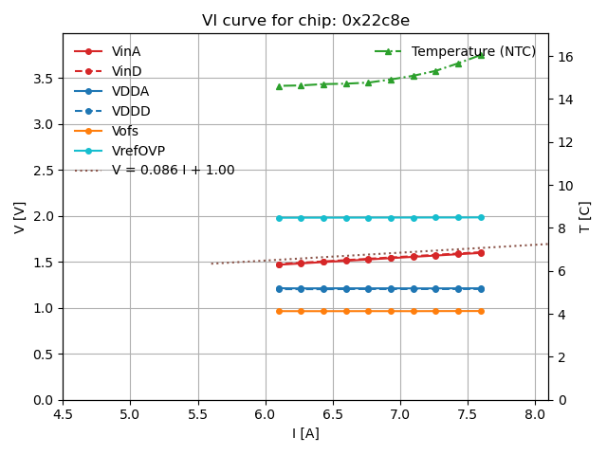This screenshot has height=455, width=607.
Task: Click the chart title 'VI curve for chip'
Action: (x=305, y=21)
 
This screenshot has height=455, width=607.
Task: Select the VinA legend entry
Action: (x=126, y=52)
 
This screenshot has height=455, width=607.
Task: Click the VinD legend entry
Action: (x=126, y=72)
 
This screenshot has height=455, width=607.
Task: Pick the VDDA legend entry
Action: (x=130, y=92)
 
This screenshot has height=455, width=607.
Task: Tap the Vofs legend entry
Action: (x=125, y=131)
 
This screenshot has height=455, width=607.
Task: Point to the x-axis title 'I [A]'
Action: (x=305, y=433)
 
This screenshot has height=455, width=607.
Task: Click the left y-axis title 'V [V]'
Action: (x=20, y=216)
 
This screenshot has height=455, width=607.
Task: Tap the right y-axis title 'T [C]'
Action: (x=585, y=216)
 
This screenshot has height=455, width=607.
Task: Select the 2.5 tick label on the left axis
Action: (x=44, y=171)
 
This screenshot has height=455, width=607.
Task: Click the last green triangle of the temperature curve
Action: (x=481, y=55)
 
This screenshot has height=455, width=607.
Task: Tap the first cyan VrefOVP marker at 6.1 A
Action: (x=279, y=218)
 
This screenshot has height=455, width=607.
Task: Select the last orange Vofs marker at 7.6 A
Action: (x=481, y=311)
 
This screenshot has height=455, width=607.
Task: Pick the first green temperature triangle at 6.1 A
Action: (x=279, y=86)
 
